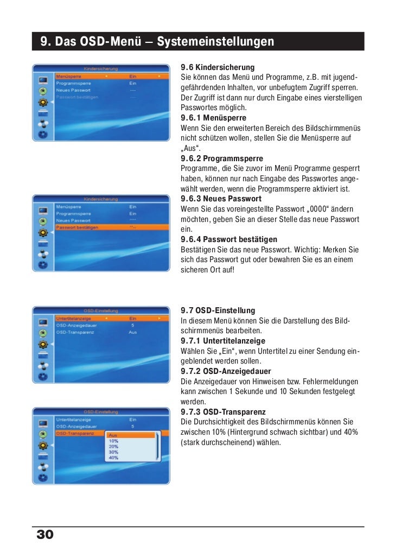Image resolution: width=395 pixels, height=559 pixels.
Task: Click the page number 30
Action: [45, 535]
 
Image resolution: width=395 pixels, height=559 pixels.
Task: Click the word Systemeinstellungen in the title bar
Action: [215, 42]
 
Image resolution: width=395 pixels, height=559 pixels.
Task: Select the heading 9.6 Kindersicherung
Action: [217, 67]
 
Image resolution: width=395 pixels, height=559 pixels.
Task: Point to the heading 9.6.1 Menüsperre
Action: [213, 117]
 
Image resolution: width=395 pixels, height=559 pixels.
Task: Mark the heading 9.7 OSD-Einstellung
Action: [218, 310]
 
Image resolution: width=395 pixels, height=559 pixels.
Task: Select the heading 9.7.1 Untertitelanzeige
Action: [222, 341]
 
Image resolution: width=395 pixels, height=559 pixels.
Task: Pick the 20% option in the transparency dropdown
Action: [113, 446]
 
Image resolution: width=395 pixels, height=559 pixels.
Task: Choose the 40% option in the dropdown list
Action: [113, 458]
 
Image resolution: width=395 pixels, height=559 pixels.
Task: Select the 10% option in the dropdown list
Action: [113, 441]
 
